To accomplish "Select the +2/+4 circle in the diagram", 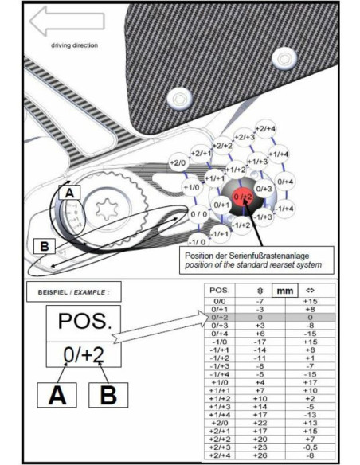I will click(x=265, y=128).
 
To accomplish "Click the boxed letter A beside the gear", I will click(x=69, y=193).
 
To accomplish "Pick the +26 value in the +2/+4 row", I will click(x=259, y=456).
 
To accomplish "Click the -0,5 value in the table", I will click(x=310, y=448).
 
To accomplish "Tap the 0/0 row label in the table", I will click(x=218, y=303).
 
